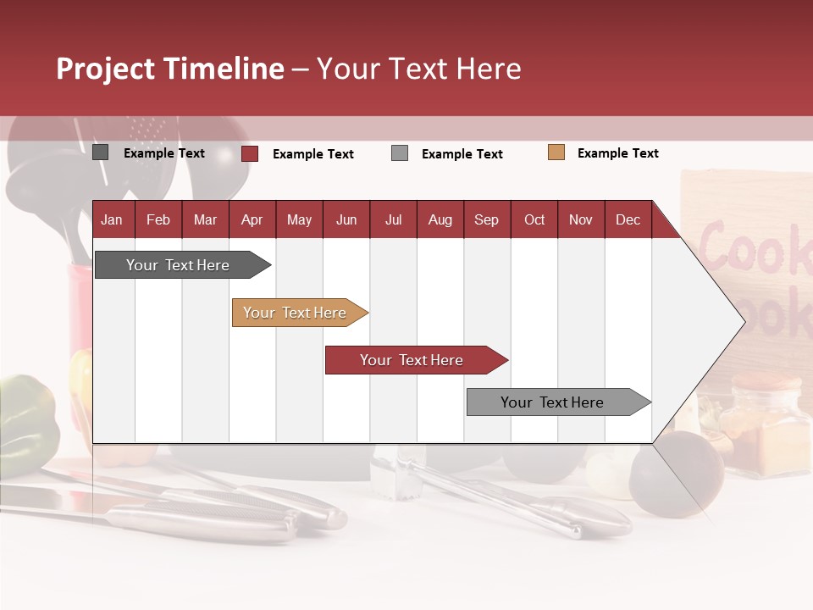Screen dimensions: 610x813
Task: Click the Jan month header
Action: (x=113, y=219)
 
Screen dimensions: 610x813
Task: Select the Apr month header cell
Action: (x=252, y=219)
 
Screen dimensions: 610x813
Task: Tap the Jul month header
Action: (x=394, y=219)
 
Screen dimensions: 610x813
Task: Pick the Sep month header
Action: (x=487, y=219)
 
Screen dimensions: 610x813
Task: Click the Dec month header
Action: (x=628, y=219)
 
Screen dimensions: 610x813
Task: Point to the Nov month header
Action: (x=581, y=219)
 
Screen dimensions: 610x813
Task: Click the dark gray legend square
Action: (x=101, y=152)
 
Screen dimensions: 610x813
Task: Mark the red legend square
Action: (x=250, y=153)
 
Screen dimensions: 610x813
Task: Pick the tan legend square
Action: (x=556, y=152)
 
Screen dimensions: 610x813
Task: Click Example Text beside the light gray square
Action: (x=462, y=154)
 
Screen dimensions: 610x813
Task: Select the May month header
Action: (x=299, y=219)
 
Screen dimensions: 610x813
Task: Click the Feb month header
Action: (x=158, y=219)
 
